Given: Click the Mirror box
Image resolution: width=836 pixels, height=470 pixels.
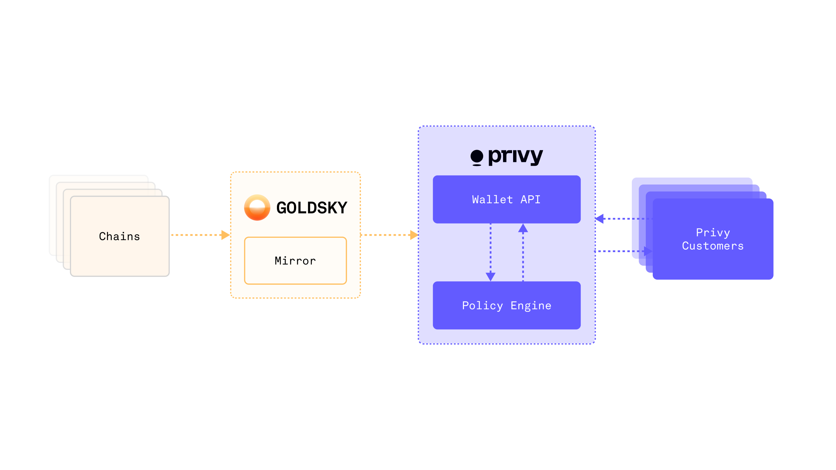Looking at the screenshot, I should pyautogui.click(x=295, y=260).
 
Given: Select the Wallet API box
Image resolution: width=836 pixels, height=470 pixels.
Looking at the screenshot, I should pyautogui.click(x=506, y=199).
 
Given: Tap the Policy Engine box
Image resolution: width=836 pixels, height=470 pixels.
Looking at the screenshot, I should pyautogui.click(x=506, y=305).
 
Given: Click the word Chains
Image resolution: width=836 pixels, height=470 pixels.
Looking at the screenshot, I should pyautogui.click(x=119, y=236).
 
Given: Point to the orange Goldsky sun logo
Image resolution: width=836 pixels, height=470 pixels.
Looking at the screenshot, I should pyautogui.click(x=257, y=207).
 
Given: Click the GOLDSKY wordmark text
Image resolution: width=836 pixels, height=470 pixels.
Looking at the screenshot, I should pyautogui.click(x=312, y=208).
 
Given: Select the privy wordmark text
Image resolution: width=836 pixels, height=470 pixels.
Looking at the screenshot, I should pyautogui.click(x=515, y=157).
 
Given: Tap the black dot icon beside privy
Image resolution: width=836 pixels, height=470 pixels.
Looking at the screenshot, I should pyautogui.click(x=477, y=157).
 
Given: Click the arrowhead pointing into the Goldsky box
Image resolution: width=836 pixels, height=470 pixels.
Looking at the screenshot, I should pyautogui.click(x=225, y=235).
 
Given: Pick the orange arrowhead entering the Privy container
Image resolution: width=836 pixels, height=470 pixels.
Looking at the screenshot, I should pyautogui.click(x=414, y=235).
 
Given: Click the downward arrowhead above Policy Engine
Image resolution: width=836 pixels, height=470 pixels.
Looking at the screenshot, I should pyautogui.click(x=490, y=276).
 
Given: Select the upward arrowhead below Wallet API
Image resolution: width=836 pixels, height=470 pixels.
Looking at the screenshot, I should pyautogui.click(x=523, y=228).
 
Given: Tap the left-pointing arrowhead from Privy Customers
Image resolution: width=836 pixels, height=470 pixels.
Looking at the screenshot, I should pyautogui.click(x=599, y=219).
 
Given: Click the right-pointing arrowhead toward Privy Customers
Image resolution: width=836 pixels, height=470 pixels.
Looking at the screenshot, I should pyautogui.click(x=648, y=251).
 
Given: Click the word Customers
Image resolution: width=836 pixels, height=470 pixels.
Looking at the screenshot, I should pyautogui.click(x=713, y=246).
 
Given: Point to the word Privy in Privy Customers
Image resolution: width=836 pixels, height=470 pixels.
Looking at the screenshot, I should pyautogui.click(x=713, y=233).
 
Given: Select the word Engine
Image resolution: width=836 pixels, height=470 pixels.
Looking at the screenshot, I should pyautogui.click(x=531, y=305).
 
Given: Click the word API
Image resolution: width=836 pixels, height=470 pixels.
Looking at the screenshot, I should pyautogui.click(x=530, y=199).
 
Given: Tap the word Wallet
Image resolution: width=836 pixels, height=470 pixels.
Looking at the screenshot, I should pyautogui.click(x=492, y=199).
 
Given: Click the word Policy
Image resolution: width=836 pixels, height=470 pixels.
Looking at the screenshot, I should pyautogui.click(x=482, y=305).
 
